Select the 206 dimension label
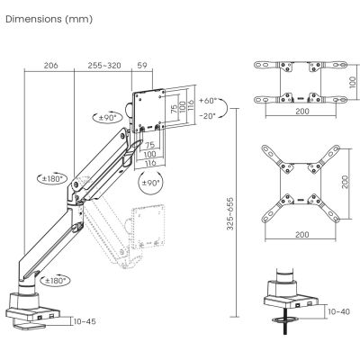pos(50,66)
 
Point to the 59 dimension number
pos(142,66)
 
